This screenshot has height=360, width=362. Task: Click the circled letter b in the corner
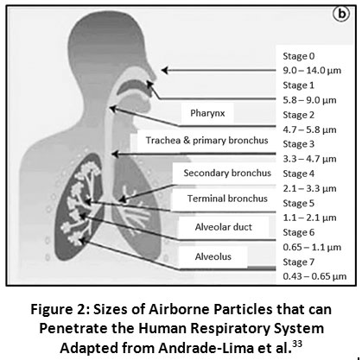click(341, 14)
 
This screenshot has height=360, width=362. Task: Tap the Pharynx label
click(207, 113)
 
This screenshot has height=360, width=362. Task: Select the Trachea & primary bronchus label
click(206, 140)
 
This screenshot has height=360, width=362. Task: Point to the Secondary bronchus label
click(227, 173)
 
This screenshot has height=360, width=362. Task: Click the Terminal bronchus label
click(227, 199)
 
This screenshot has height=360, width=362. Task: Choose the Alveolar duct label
click(224, 227)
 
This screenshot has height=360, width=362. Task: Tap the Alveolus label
click(213, 256)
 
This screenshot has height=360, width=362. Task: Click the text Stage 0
click(299, 56)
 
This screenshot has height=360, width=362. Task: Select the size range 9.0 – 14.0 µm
click(312, 71)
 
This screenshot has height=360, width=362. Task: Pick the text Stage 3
click(299, 144)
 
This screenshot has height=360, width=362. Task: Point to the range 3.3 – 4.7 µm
click(309, 159)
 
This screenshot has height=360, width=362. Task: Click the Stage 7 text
click(299, 262)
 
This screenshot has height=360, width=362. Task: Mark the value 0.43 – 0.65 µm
click(314, 276)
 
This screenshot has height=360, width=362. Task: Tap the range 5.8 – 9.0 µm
click(309, 100)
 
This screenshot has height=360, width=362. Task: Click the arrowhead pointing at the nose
click(165, 70)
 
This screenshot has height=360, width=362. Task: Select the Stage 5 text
click(299, 203)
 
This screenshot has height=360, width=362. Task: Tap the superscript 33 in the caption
click(297, 344)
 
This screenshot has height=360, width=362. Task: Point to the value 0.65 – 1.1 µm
click(312, 247)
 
